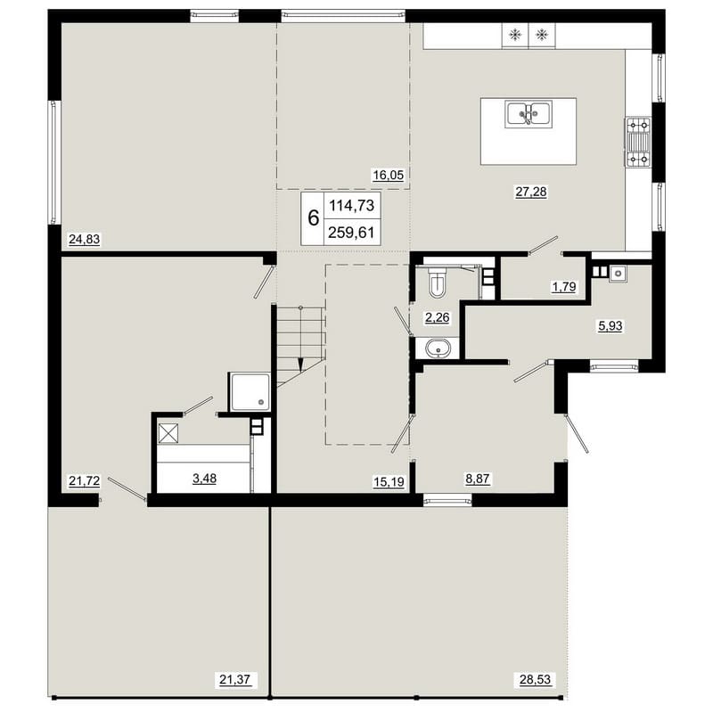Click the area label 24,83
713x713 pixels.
(x=84, y=239)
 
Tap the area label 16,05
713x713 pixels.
(x=389, y=175)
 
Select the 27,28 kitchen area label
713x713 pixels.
(x=531, y=192)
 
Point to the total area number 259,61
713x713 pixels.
(x=351, y=233)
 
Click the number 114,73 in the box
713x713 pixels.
(x=351, y=206)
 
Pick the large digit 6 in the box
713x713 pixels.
(x=314, y=218)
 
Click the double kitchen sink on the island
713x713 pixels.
(x=529, y=114)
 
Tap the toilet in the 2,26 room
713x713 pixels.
(x=438, y=282)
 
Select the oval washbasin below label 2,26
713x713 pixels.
(x=438, y=348)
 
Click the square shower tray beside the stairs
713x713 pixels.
(x=250, y=392)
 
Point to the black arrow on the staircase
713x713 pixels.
(x=300, y=365)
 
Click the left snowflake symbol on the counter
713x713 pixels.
(x=515, y=35)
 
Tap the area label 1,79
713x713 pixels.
(x=564, y=287)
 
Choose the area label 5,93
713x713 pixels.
(x=611, y=326)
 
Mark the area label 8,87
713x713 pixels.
(x=478, y=479)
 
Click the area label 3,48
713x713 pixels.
(x=205, y=479)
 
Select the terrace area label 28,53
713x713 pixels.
(x=536, y=680)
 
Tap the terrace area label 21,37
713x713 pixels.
(x=235, y=680)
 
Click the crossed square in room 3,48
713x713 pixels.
(x=168, y=433)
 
